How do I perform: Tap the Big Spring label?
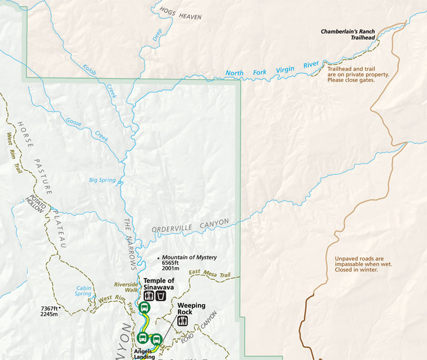[102, 180]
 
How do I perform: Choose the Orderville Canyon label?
[190, 225]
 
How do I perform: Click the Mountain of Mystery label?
[189, 257]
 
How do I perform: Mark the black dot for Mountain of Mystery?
[159, 259]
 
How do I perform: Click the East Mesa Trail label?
[209, 274]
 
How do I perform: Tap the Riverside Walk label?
[126, 287]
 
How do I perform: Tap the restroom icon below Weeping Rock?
[183, 320]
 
